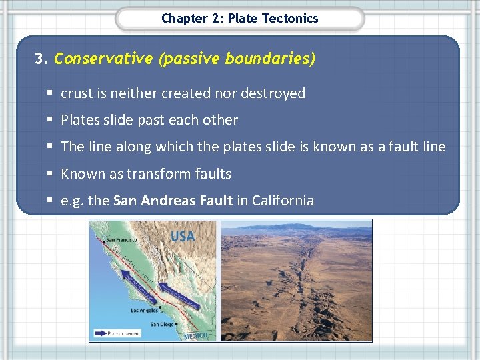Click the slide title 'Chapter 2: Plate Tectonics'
pyautogui.click(x=240, y=19)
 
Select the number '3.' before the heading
pyautogui.click(x=41, y=59)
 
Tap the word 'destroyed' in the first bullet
pyautogui.click(x=272, y=93)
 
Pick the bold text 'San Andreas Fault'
pyautogui.click(x=173, y=201)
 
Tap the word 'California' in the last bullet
pyautogui.click(x=281, y=201)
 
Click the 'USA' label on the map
pyautogui.click(x=183, y=237)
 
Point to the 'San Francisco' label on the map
pyautogui.click(x=121, y=240)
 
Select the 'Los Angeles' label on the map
pyautogui.click(x=145, y=310)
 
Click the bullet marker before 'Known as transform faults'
pyautogui.click(x=51, y=174)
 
